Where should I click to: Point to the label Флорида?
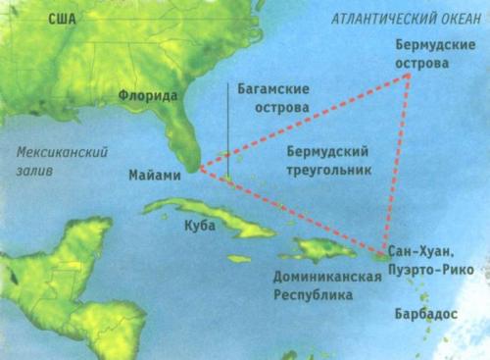pos(147,97)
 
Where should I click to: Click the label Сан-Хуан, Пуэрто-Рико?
pos(431,259)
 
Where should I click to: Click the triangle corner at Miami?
pos(199,170)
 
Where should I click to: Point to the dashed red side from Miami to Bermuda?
pos(304,124)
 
